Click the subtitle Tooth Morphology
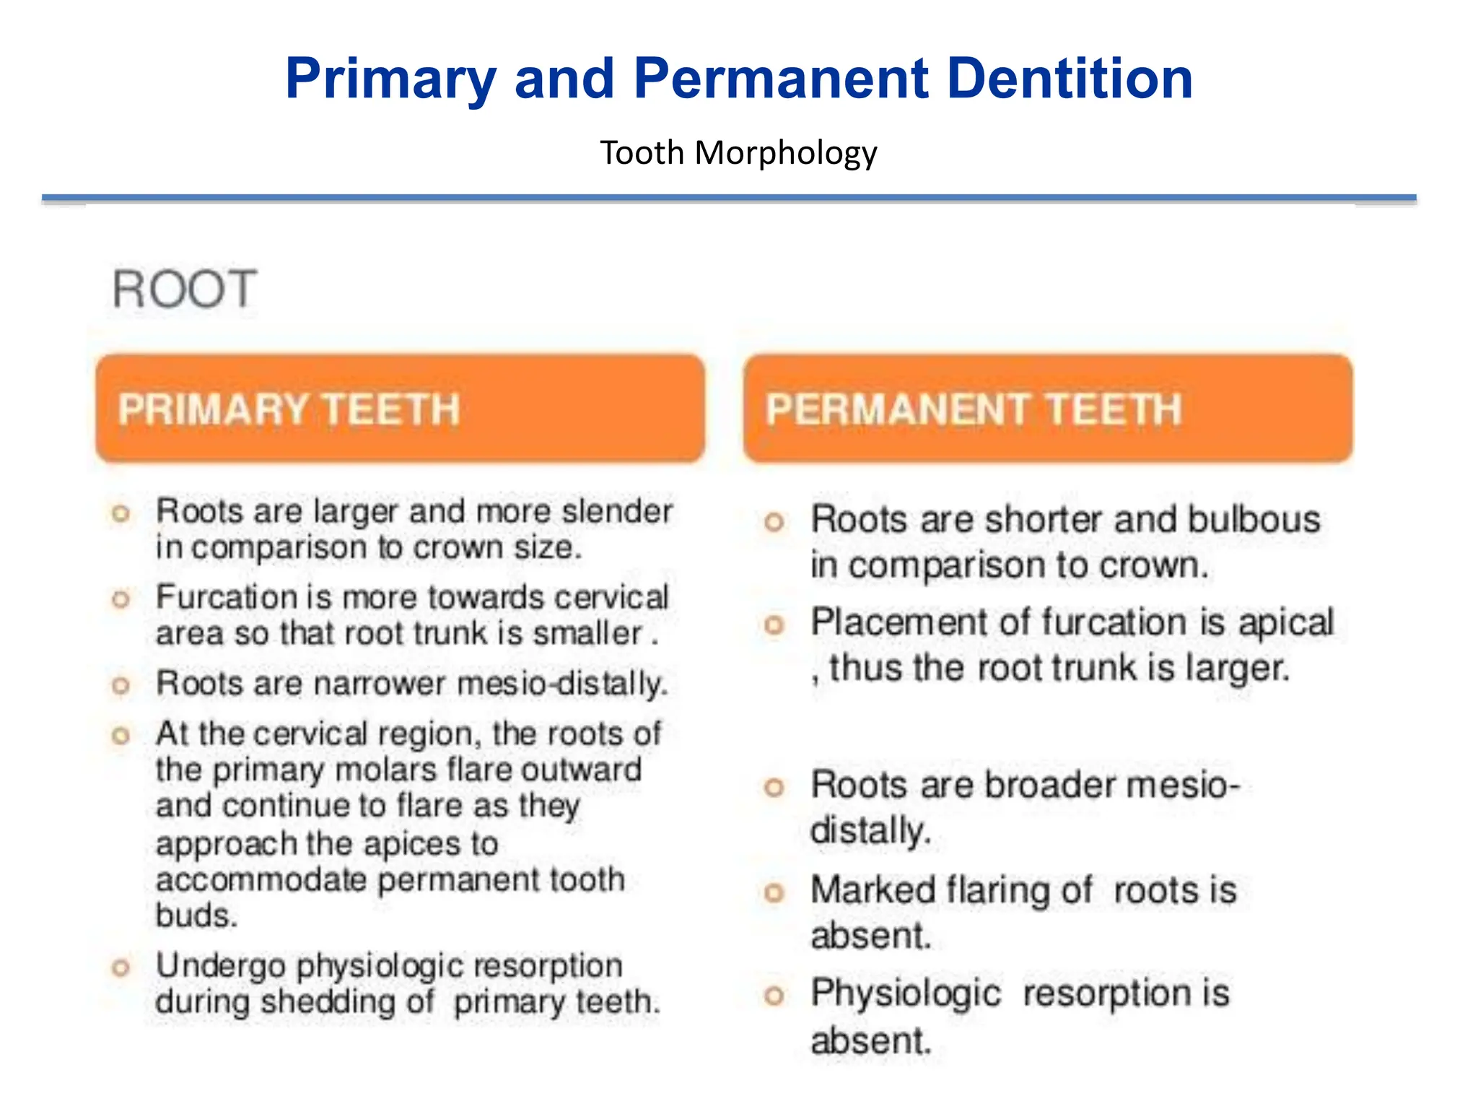pyautogui.click(x=738, y=153)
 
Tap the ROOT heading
pyautogui.click(x=185, y=290)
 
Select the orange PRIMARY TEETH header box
pyautogui.click(x=400, y=408)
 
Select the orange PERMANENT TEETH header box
pyautogui.click(x=1047, y=408)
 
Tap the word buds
pyautogui.click(x=196, y=915)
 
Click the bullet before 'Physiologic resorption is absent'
pyautogui.click(x=774, y=996)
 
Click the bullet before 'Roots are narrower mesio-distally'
pyautogui.click(x=121, y=684)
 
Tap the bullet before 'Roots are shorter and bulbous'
pyautogui.click(x=774, y=521)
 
